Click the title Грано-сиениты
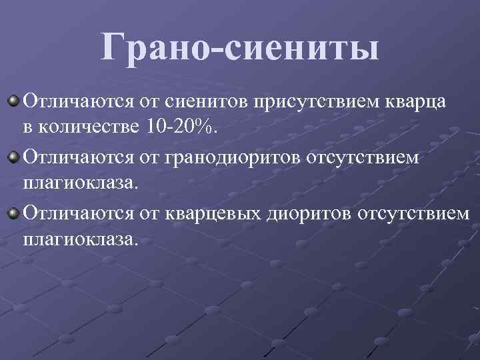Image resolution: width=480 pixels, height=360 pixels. coord(240,48)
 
